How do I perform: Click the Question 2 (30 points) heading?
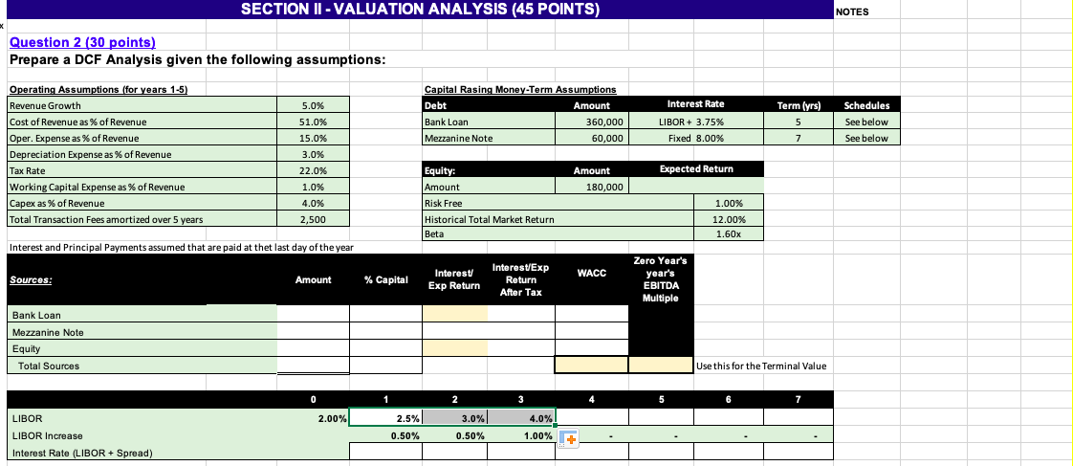pos(82,43)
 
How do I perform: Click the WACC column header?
pos(591,275)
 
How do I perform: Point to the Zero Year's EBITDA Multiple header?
pos(660,278)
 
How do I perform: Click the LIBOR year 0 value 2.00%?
pos(327,418)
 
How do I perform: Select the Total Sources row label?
pos(49,366)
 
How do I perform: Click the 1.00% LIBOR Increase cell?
pos(533,435)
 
